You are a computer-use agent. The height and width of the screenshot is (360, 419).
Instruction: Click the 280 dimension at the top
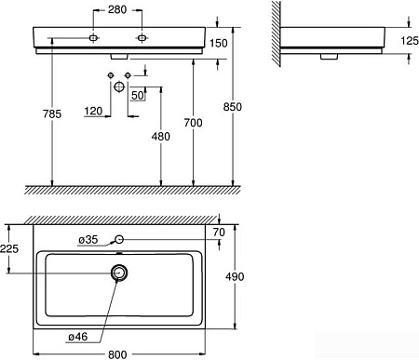117,9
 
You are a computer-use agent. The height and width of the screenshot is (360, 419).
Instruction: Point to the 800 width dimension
118,353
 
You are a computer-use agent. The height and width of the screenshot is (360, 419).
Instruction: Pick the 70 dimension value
220,232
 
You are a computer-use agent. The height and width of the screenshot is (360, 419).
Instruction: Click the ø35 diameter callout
88,240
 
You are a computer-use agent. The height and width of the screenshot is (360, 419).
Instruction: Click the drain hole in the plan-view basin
118,273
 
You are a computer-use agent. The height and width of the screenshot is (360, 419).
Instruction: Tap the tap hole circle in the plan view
118,240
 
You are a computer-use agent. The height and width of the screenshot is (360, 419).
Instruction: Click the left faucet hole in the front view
94,38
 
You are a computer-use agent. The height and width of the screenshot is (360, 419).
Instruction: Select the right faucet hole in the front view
142,38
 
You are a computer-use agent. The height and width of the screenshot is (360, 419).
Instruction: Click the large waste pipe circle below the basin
118,86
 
